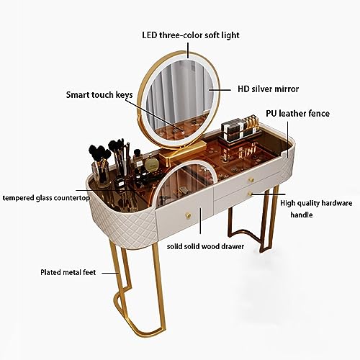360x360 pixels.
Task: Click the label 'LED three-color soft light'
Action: click(x=191, y=35)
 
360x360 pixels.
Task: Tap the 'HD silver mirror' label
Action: click(x=268, y=89)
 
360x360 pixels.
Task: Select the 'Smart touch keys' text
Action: click(x=99, y=95)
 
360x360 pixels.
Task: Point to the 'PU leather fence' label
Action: click(x=297, y=114)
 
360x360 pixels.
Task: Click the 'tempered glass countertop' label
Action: click(x=46, y=198)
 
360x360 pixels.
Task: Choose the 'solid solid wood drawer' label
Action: click(x=205, y=246)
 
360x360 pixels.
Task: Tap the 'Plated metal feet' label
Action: click(x=68, y=272)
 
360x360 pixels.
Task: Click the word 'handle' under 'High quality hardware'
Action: click(x=302, y=215)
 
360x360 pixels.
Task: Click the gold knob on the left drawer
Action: click(x=189, y=215)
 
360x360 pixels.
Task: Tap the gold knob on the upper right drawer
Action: click(x=251, y=179)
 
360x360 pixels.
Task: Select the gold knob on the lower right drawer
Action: click(x=250, y=193)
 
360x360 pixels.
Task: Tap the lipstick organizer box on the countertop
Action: click(x=240, y=132)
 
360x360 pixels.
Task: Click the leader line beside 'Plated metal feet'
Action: click(x=111, y=273)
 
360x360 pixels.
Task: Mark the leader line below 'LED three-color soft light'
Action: click(x=188, y=50)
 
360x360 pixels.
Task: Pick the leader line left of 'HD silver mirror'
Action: click(x=220, y=90)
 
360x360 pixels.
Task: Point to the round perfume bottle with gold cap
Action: click(x=150, y=163)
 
